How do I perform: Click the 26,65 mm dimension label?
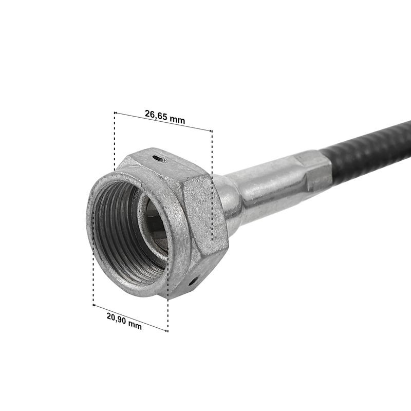[x=165, y=117]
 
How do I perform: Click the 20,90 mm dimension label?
[x=124, y=321]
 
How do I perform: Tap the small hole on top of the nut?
[x=160, y=159]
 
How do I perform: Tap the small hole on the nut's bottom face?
[x=193, y=282]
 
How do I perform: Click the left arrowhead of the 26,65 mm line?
[x=115, y=113]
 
